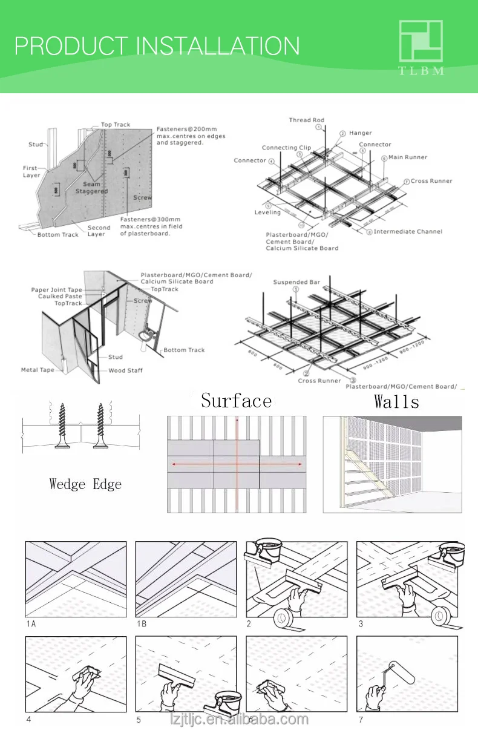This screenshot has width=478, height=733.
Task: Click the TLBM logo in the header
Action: tap(421, 47)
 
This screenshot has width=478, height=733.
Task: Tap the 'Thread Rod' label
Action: tap(306, 120)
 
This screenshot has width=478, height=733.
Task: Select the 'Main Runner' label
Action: tap(407, 157)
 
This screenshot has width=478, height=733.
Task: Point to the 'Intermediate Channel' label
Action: tap(407, 231)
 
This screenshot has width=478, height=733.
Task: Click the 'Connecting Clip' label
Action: tap(286, 148)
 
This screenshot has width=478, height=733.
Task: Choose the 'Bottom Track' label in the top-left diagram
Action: tap(57, 234)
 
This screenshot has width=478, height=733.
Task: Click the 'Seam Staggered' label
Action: tap(91, 188)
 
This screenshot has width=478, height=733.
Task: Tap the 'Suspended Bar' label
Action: tap(296, 282)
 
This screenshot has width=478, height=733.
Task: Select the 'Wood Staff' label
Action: tap(125, 370)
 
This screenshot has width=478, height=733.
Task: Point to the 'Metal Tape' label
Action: tap(38, 370)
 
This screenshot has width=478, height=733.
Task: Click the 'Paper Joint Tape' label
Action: tap(56, 290)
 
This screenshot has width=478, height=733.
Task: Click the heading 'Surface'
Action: tap(236, 401)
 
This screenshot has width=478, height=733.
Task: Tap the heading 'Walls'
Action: tap(396, 401)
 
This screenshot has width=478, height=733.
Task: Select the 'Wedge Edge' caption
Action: tap(85, 484)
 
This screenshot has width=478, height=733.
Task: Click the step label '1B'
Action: tap(141, 623)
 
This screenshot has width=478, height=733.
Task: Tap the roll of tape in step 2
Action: tap(287, 618)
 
